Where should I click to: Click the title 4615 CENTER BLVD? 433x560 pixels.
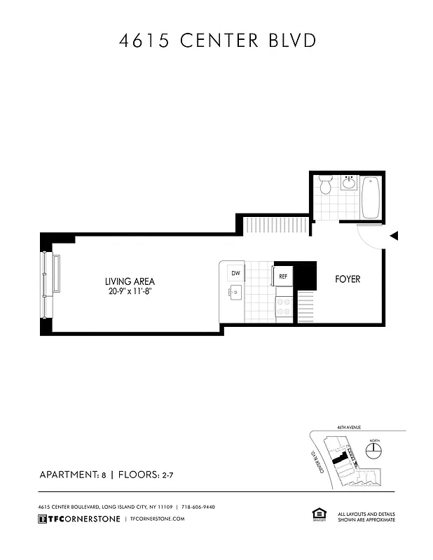tap(216, 41)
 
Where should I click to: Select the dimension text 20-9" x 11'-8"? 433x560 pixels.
tap(130, 291)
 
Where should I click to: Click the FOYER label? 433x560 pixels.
tap(348, 279)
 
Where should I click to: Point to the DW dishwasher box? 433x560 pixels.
tap(235, 273)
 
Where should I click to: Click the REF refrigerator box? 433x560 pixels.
tap(282, 276)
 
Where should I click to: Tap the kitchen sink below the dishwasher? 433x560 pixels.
tap(235, 293)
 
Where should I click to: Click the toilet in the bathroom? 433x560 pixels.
tap(325, 186)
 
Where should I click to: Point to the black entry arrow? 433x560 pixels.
tap(394, 236)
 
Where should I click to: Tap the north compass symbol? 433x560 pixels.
tap(375, 447)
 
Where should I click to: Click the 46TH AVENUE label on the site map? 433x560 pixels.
tap(348, 426)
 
